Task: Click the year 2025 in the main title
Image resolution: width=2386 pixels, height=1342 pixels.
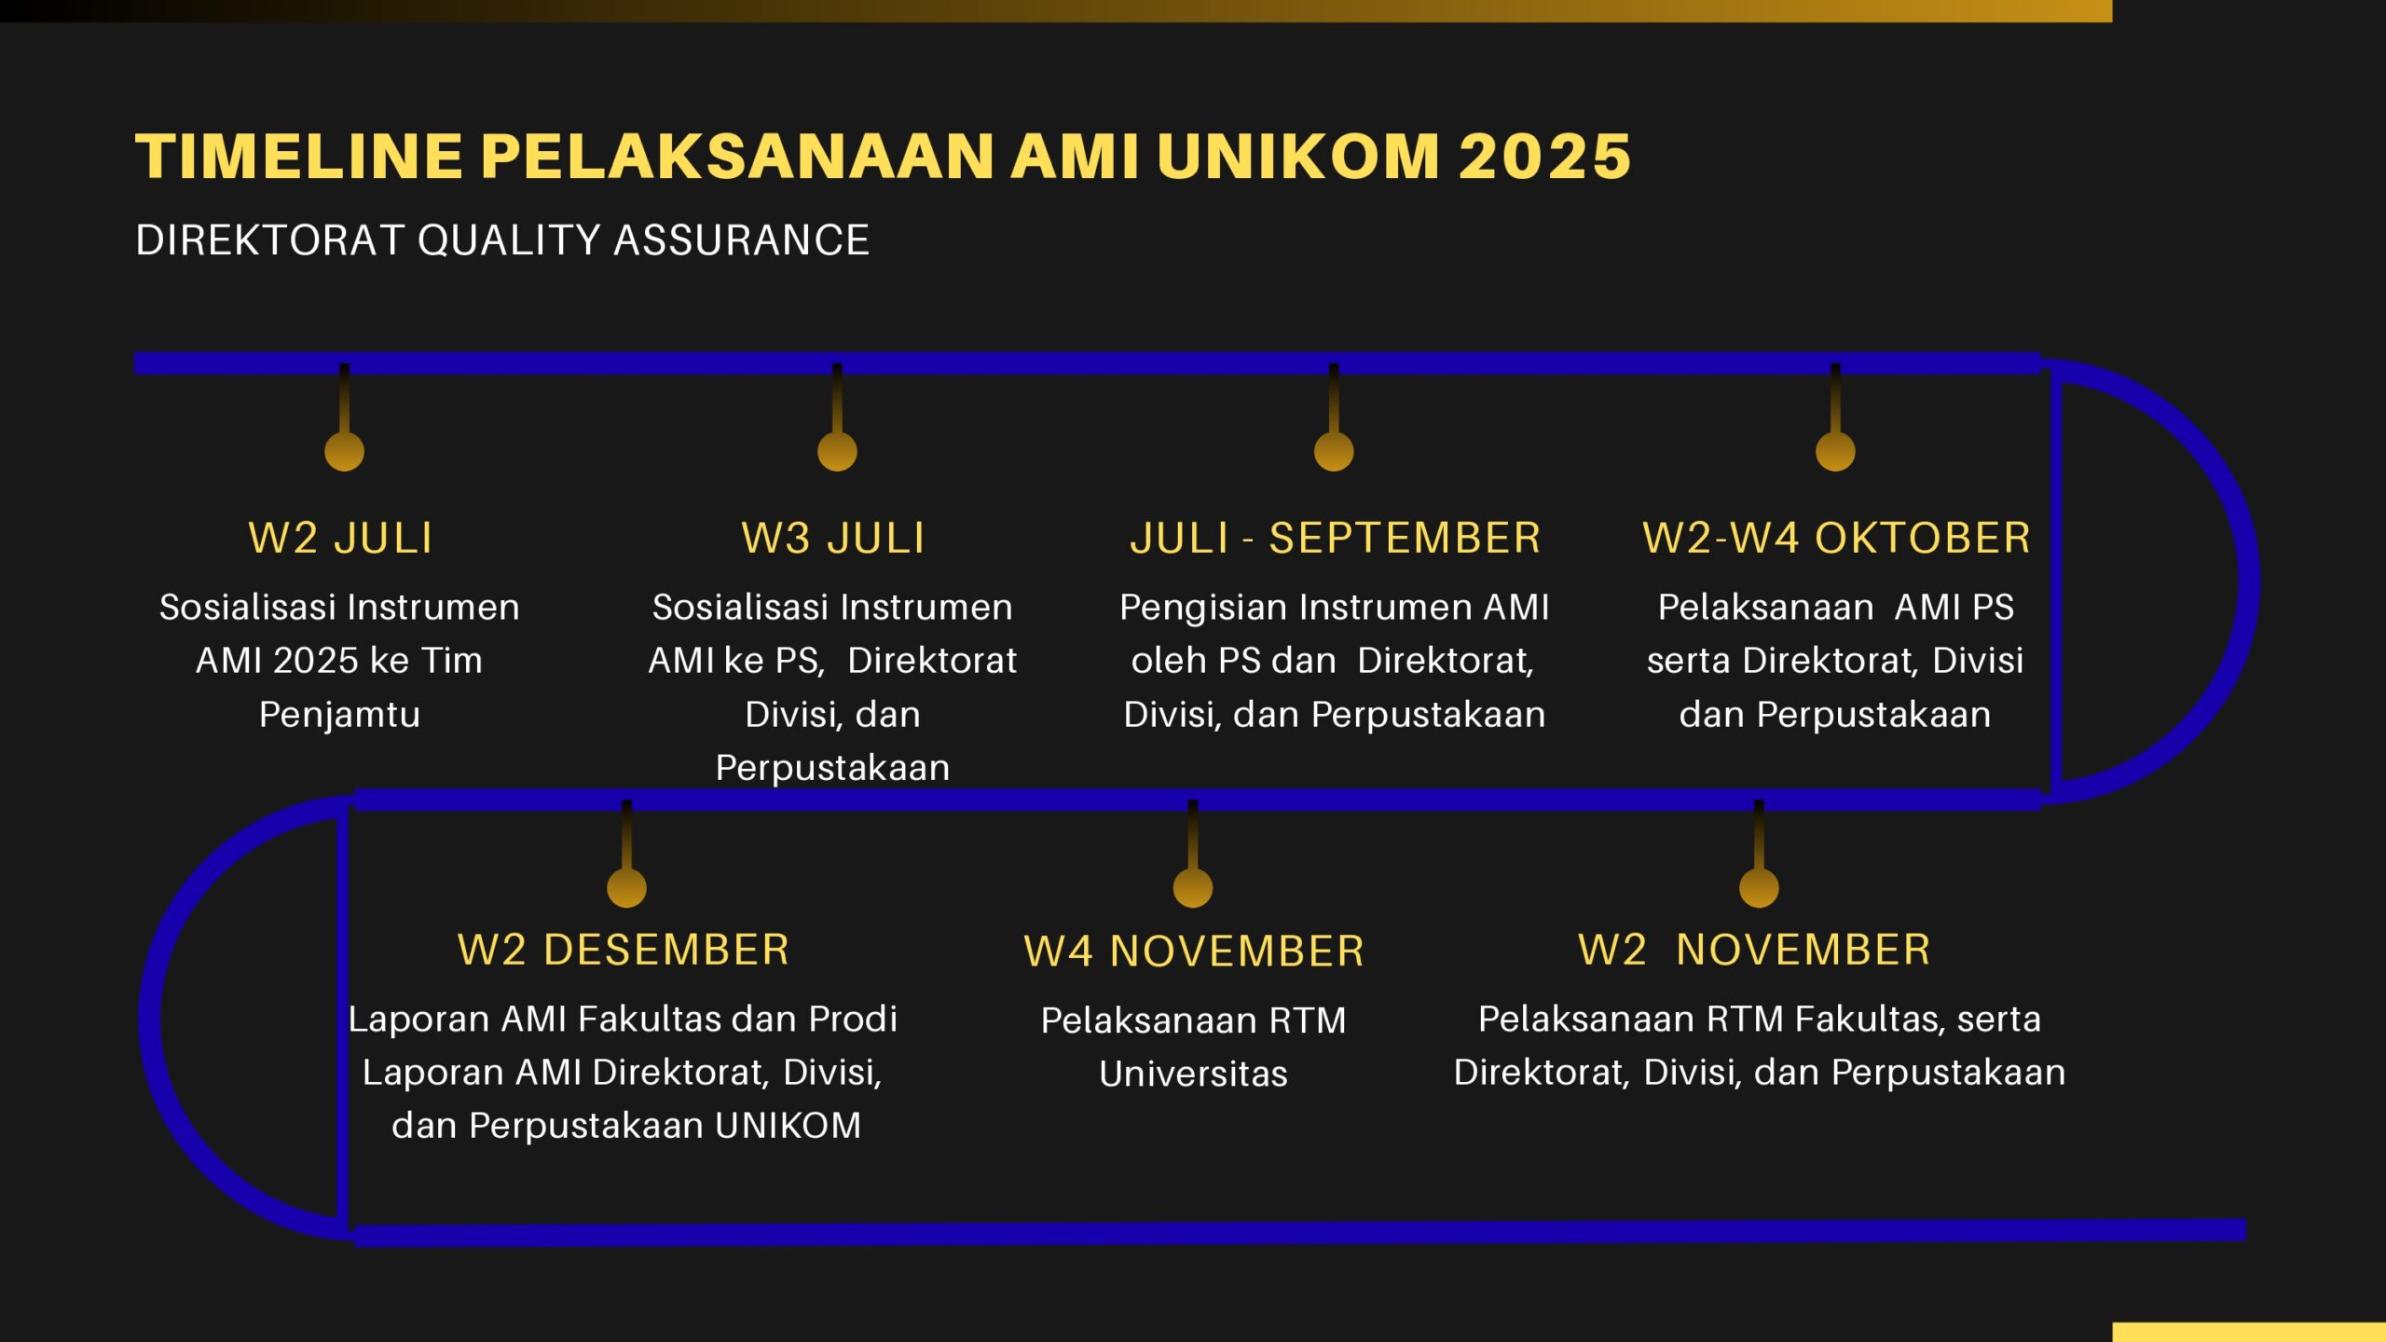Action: (x=1544, y=156)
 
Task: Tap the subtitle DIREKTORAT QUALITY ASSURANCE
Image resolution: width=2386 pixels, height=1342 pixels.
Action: (x=502, y=240)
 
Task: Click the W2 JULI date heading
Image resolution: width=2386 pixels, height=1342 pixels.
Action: (x=341, y=538)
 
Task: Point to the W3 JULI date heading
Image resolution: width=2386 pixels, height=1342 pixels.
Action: (x=833, y=538)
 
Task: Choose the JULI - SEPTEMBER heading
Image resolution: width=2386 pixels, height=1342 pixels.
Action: (x=1336, y=538)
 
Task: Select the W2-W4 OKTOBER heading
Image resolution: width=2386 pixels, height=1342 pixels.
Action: (x=1836, y=538)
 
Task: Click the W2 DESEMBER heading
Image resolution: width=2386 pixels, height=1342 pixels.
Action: (x=624, y=950)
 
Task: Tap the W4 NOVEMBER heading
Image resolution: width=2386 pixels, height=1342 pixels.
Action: (x=1194, y=952)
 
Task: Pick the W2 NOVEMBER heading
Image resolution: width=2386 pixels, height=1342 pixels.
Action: (x=1754, y=950)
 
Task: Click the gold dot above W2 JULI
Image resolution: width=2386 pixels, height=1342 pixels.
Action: (x=344, y=451)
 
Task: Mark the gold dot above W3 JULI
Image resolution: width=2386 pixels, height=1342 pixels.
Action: (x=837, y=451)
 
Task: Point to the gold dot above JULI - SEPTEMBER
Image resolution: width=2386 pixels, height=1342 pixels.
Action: (x=1334, y=451)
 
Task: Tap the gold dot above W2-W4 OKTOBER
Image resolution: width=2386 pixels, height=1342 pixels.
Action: (x=1835, y=451)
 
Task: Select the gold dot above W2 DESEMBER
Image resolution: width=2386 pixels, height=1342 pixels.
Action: (x=626, y=887)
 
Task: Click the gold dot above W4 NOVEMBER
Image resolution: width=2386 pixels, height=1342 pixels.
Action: (x=1193, y=887)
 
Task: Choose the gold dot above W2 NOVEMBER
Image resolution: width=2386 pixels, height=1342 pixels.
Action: (x=1759, y=887)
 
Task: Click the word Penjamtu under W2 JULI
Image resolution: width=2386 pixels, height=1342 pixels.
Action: (x=339, y=715)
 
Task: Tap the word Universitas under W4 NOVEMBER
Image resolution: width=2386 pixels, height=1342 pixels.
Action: (x=1193, y=1074)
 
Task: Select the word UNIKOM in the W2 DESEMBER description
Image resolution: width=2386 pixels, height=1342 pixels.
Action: (x=788, y=1126)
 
